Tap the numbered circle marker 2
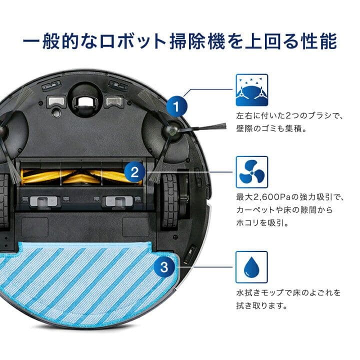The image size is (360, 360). [x=134, y=172]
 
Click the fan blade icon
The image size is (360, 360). [x=251, y=172]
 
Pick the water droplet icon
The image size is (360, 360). [x=251, y=267]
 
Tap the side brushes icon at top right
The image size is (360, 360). [x=251, y=90]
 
